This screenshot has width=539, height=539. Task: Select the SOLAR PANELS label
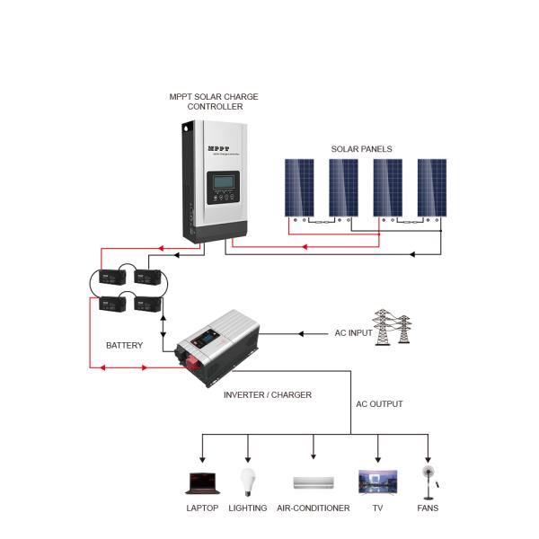coord(361,149)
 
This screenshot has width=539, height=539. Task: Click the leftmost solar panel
coord(299,187)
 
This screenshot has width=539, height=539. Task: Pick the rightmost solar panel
coord(431,187)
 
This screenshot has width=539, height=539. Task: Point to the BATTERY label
coord(124,345)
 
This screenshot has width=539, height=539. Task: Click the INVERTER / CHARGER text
coord(267,395)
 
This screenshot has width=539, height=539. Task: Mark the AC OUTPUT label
coord(379,404)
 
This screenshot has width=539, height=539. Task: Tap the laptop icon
coord(202,482)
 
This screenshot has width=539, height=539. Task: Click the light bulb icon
coord(247,482)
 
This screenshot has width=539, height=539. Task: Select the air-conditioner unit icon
coord(314,483)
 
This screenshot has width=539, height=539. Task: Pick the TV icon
coord(377,482)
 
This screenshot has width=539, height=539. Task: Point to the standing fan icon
coord(429,482)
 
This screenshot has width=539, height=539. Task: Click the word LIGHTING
coord(247,508)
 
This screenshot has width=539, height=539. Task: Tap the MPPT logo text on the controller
coord(219,149)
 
